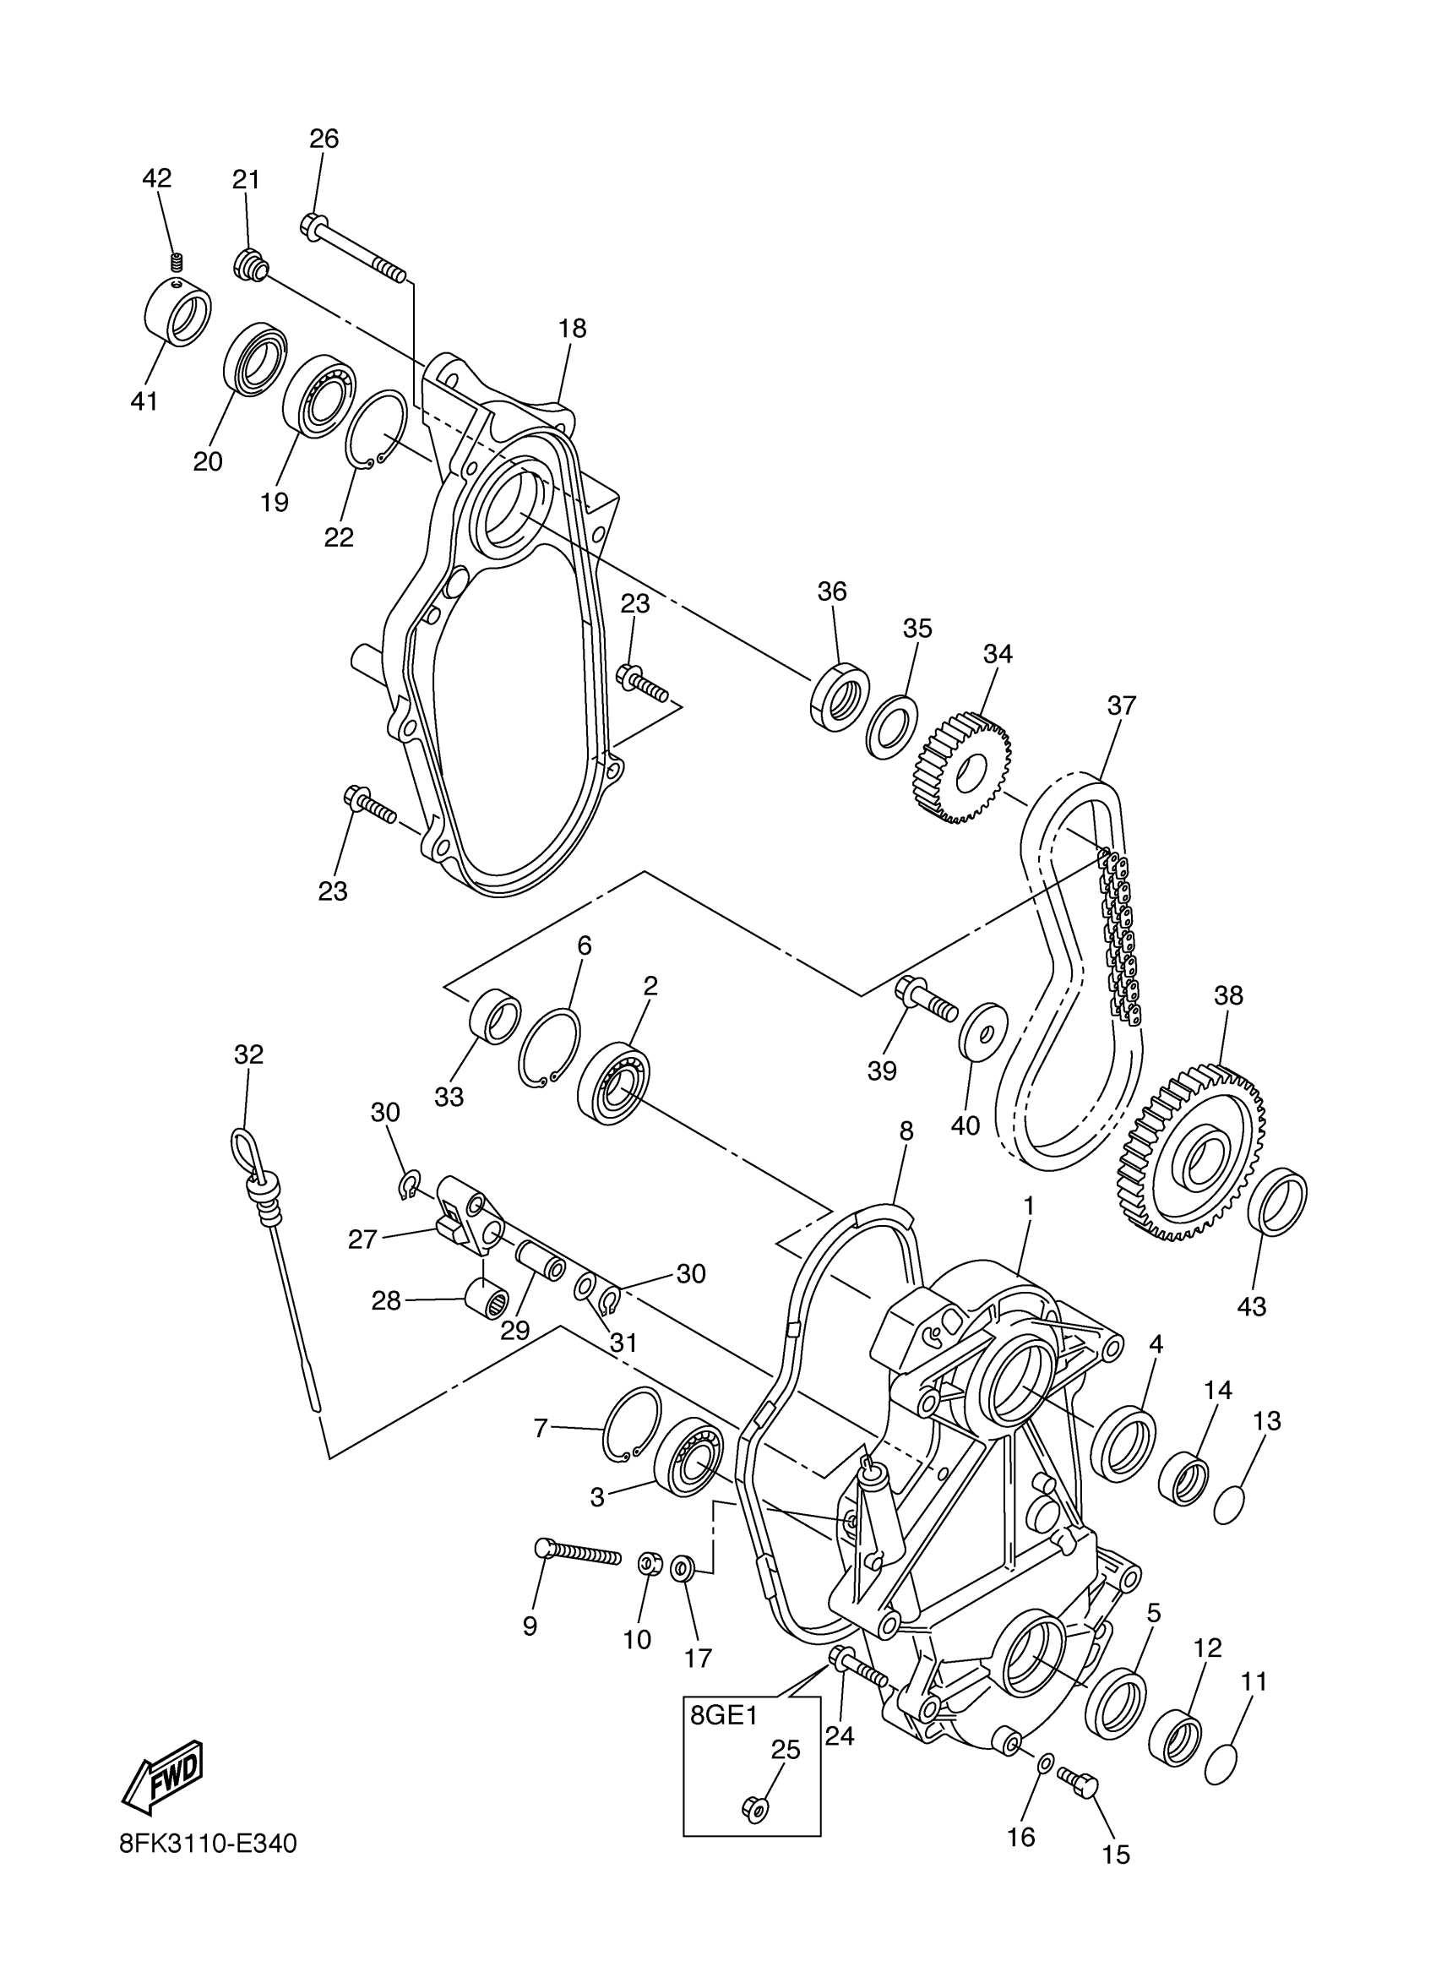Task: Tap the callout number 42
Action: (x=157, y=178)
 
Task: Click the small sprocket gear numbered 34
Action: (x=965, y=768)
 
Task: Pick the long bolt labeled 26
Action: (x=355, y=249)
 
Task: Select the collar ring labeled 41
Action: (x=177, y=312)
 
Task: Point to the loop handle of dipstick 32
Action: (x=246, y=1146)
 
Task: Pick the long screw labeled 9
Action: (x=577, y=1552)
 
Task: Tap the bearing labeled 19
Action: (x=319, y=395)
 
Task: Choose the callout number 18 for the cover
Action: (x=573, y=329)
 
